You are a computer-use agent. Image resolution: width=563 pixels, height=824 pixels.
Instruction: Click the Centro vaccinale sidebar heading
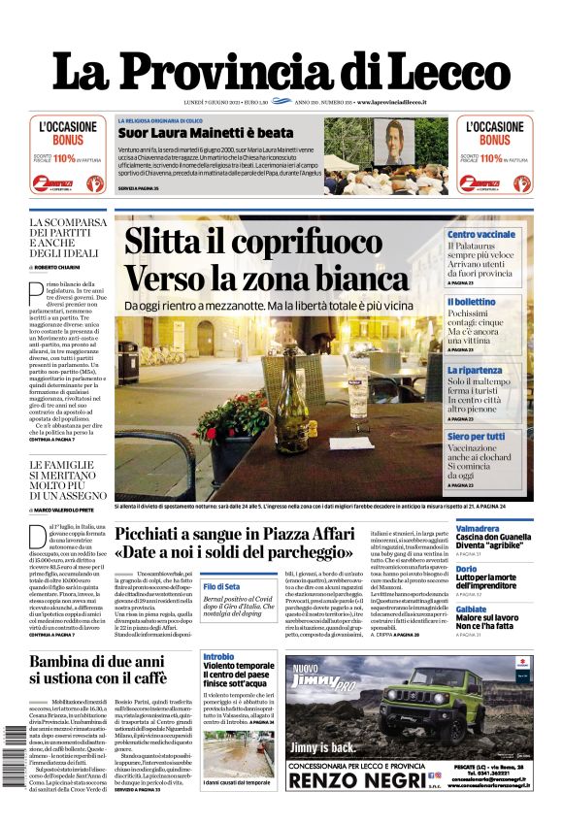480,235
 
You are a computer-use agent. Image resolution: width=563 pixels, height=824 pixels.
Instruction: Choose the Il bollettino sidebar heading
471,302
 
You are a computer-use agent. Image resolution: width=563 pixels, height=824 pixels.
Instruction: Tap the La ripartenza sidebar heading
475,370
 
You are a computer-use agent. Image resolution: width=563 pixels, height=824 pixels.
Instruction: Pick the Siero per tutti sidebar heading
476,437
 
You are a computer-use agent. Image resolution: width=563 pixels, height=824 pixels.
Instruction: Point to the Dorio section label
466,569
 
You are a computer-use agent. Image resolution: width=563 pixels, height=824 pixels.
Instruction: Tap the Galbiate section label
471,609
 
